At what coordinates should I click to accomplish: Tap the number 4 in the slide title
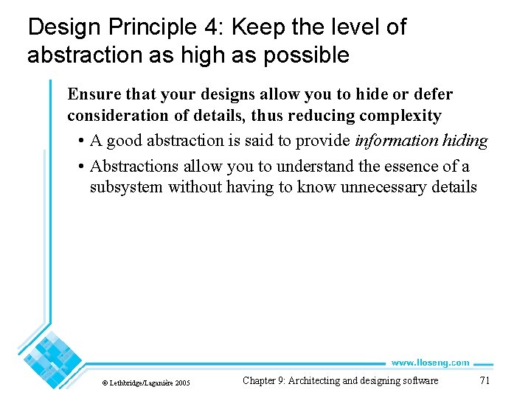(209, 28)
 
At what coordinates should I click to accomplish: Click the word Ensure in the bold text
(91, 94)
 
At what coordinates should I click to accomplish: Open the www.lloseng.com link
(430, 363)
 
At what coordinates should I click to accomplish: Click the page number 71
(485, 381)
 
